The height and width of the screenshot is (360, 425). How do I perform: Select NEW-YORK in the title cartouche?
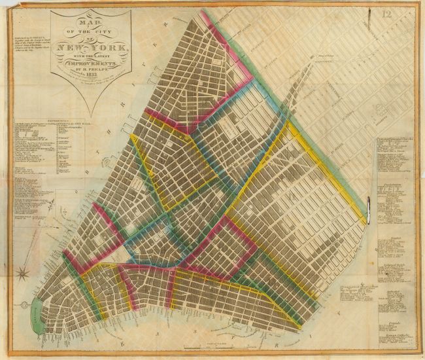tap(93, 48)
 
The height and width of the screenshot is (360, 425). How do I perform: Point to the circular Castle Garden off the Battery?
tap(24, 304)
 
